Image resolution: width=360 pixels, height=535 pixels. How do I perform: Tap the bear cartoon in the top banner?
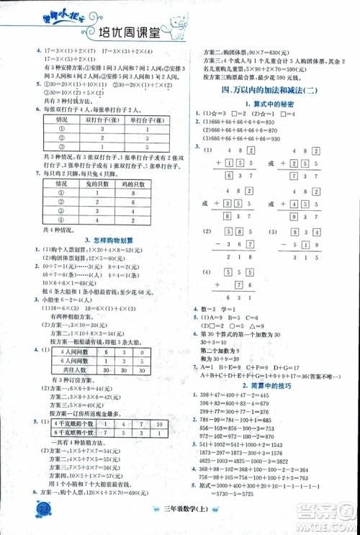pyautogui.click(x=312, y=20)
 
